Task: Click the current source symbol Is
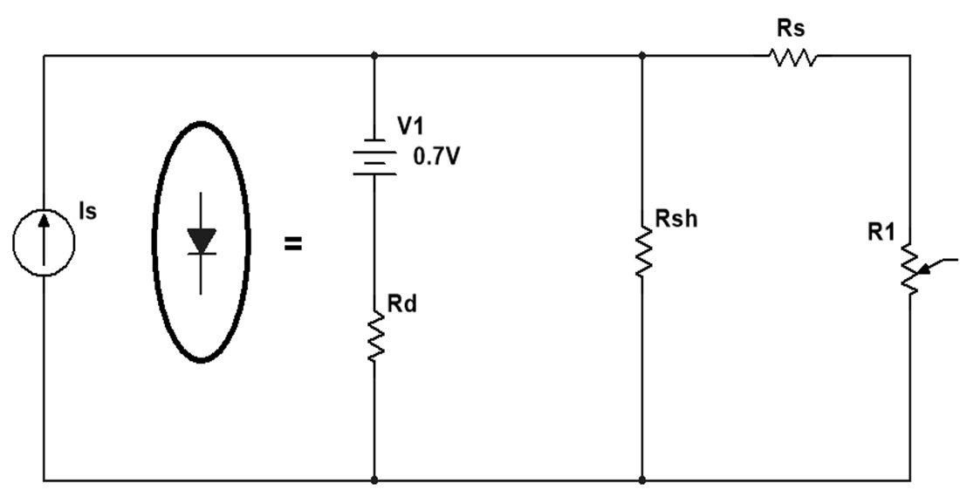pos(45,242)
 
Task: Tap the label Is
pos(87,212)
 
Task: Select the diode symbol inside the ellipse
pos(201,242)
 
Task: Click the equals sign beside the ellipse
pos(292,244)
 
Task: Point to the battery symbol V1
pos(374,157)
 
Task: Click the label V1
pos(411,126)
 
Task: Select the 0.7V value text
pos(436,156)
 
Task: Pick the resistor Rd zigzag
pos(375,335)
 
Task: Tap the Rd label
pos(402,303)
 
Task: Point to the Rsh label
pos(675,219)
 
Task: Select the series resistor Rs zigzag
pos(792,58)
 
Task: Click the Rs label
pos(791,28)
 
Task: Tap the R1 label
pos(881,232)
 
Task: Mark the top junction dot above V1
pos(374,56)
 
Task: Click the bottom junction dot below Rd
pos(374,480)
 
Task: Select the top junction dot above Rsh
pos(642,56)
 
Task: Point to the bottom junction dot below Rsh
pos(642,480)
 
